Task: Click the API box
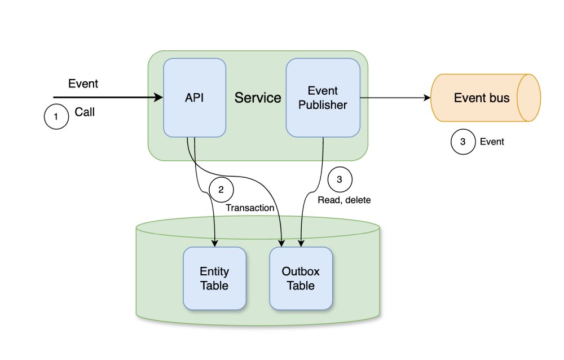point(195,97)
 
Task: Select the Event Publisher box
point(323,97)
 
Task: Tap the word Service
point(258,98)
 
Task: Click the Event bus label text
point(482,98)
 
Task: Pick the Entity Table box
point(214,278)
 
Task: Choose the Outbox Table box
point(301,278)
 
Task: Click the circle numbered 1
point(56,117)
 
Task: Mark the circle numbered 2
point(221,189)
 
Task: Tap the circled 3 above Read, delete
point(339,180)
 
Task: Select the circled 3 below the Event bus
point(463,142)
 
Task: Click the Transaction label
point(250,208)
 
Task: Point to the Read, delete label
point(343,200)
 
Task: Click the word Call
point(85,112)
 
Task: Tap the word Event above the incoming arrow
point(83,84)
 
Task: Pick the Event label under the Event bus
point(492,142)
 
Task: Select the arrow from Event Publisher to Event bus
point(395,98)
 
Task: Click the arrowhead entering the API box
point(160,98)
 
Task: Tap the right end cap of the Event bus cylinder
point(530,98)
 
